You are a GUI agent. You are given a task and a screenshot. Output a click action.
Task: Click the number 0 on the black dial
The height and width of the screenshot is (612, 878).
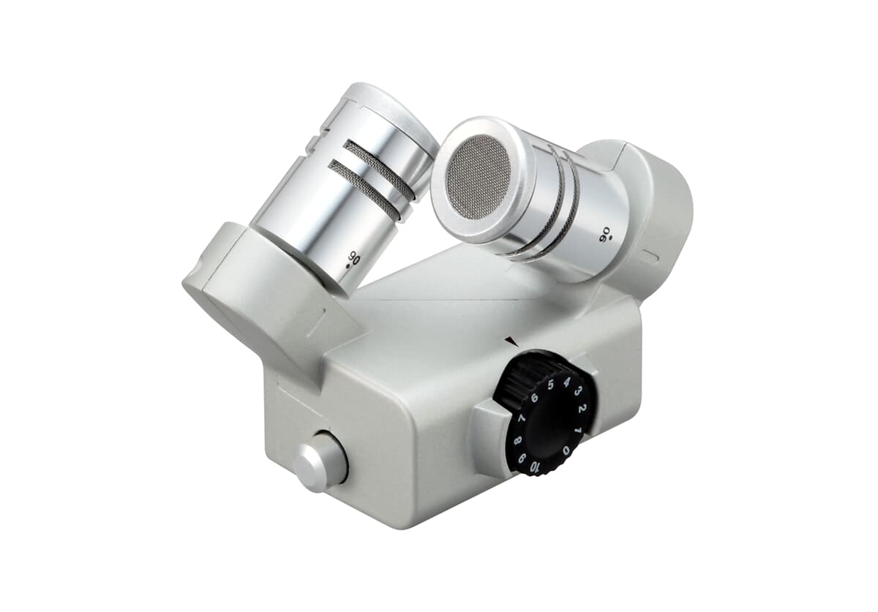pyautogui.click(x=566, y=450)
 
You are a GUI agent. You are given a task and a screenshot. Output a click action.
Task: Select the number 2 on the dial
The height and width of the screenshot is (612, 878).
pyautogui.click(x=582, y=409)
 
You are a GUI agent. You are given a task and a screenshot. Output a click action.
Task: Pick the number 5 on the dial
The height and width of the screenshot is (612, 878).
pyautogui.click(x=551, y=385)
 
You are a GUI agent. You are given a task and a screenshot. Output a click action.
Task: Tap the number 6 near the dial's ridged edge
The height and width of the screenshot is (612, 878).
pyautogui.click(x=534, y=398)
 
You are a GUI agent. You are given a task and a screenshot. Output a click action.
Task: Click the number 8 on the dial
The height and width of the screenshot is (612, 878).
pyautogui.click(x=517, y=440)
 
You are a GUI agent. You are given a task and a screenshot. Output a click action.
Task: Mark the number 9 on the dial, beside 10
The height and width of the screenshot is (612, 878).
pyautogui.click(x=522, y=458)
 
